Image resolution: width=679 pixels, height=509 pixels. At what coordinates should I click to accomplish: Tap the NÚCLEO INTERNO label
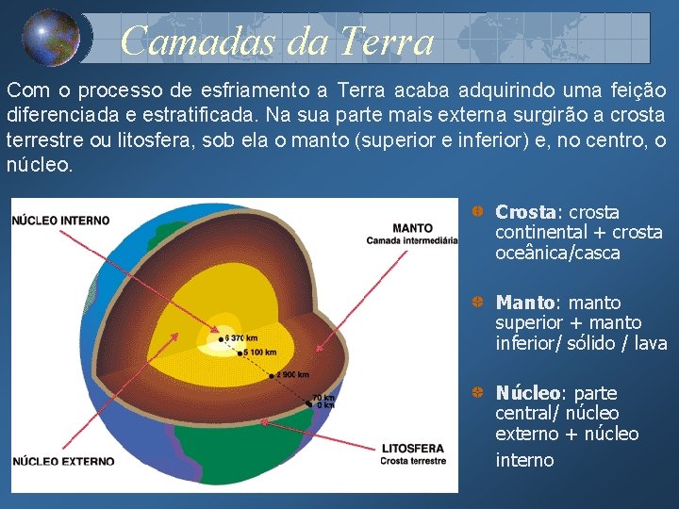[x=61, y=221]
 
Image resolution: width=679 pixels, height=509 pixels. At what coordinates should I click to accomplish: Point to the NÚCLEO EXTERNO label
[x=63, y=461]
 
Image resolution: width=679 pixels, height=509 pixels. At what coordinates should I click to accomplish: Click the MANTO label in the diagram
[x=412, y=228]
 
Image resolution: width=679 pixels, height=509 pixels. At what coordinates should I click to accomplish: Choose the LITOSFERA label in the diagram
[x=413, y=449]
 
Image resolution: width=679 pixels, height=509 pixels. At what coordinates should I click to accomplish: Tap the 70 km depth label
[x=323, y=398]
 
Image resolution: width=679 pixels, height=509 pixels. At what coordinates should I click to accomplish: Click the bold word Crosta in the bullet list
[x=526, y=212]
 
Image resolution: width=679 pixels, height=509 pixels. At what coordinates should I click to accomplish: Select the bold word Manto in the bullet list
[x=526, y=303]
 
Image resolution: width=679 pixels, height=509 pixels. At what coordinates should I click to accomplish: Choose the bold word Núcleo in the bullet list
[x=528, y=393]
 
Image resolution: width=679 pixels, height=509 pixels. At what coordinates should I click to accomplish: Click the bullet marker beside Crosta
[x=479, y=212]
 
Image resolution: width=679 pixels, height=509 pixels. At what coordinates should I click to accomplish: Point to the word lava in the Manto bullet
[x=650, y=344]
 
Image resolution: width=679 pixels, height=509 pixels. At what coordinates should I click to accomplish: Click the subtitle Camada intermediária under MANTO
[x=412, y=240]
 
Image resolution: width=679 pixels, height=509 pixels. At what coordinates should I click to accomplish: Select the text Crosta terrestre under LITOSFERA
[x=413, y=461]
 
